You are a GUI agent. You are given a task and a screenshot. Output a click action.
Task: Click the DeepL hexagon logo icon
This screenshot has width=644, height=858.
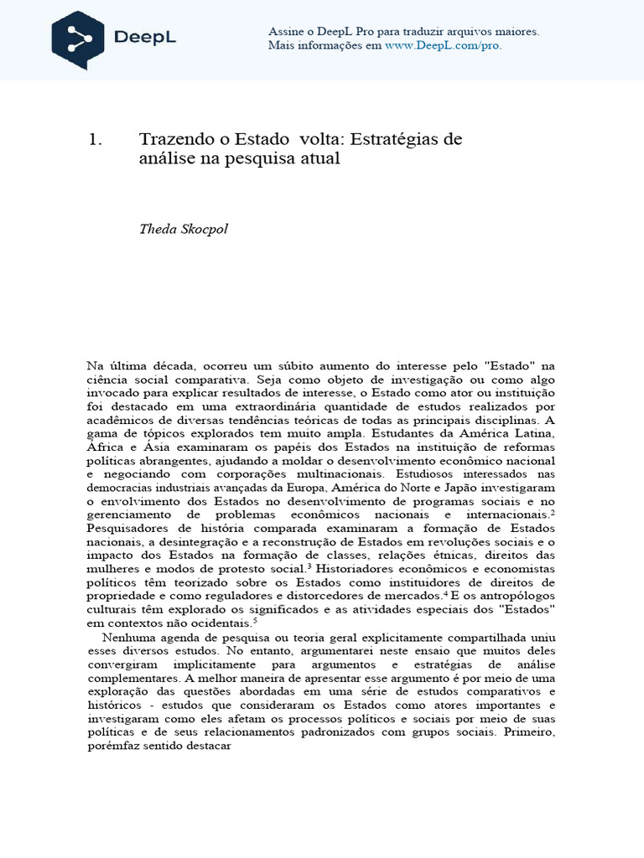point(78,40)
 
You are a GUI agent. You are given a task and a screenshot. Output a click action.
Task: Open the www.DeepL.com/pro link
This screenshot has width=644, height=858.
point(443,45)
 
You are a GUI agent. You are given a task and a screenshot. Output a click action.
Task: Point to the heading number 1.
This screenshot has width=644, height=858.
point(95,140)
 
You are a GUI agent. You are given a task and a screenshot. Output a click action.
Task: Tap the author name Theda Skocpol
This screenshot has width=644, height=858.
point(183,230)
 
